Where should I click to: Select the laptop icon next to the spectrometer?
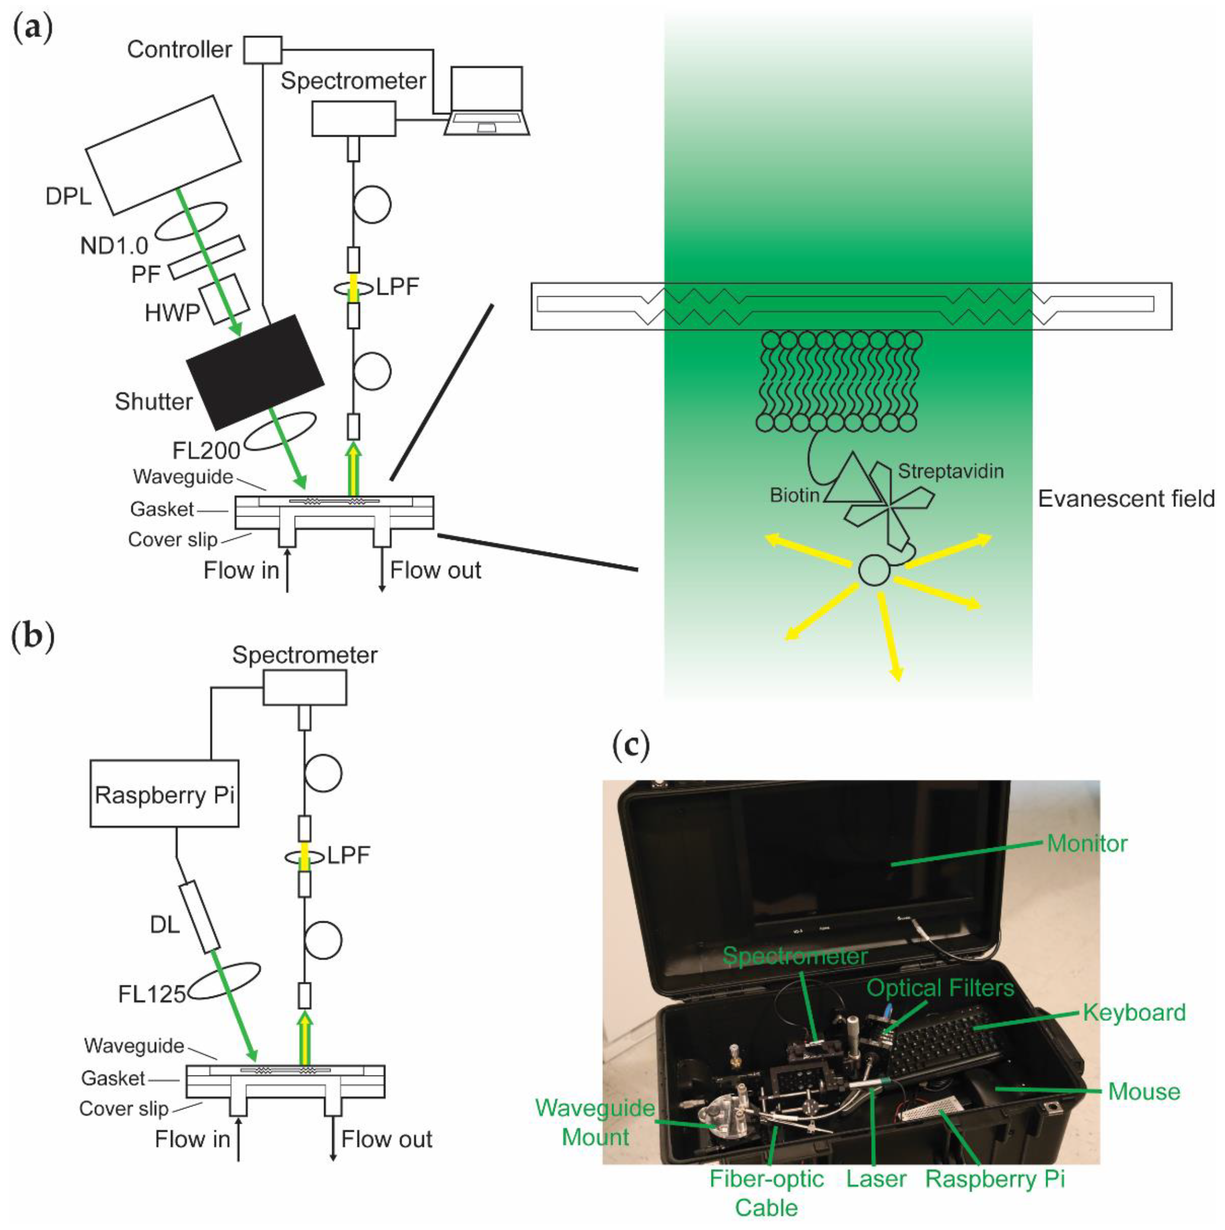[x=487, y=102]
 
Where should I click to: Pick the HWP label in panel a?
[x=172, y=313]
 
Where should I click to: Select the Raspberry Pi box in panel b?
[x=164, y=793]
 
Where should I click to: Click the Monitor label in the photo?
[x=1087, y=844]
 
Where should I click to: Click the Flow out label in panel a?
[x=436, y=570]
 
